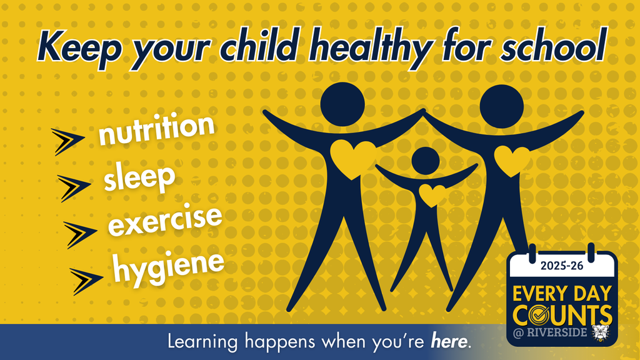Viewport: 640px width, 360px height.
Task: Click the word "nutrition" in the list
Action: tap(156, 129)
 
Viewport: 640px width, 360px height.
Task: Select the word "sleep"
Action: tap(139, 176)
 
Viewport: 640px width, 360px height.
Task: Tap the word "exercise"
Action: tap(165, 221)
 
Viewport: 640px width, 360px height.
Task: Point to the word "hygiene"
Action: tap(168, 267)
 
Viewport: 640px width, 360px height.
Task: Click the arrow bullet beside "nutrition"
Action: tap(67, 141)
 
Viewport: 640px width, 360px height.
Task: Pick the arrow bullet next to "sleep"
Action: tap(74, 187)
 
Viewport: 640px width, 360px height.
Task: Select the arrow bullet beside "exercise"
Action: tap(79, 234)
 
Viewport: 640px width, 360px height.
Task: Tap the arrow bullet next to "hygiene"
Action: tap(86, 281)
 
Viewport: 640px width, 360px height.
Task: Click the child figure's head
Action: tap(425, 161)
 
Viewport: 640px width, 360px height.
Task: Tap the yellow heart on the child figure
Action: tap(432, 196)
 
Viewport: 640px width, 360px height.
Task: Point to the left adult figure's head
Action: tap(342, 104)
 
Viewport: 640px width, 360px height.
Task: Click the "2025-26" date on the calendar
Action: tap(562, 266)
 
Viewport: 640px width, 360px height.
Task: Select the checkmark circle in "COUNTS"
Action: tap(539, 316)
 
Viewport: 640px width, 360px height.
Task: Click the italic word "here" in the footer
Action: tap(449, 341)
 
